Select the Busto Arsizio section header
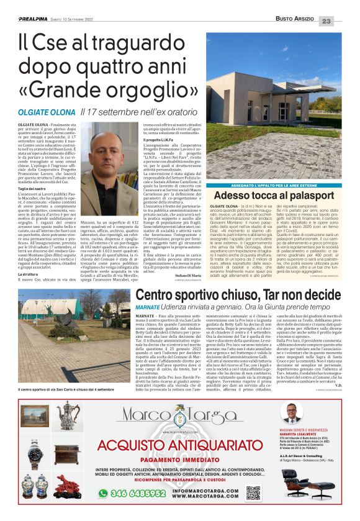click(x=294, y=20)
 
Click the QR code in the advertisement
click(x=253, y=493)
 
